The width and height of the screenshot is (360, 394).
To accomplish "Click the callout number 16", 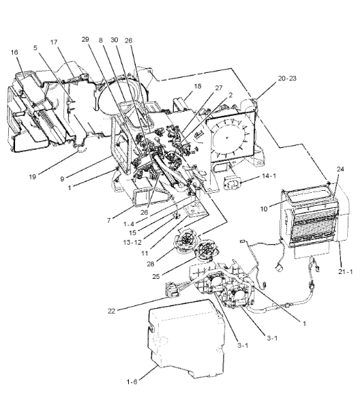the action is point(14,52).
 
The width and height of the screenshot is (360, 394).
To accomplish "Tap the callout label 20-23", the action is point(287,78).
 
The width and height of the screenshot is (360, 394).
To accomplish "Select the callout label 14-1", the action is point(269,176).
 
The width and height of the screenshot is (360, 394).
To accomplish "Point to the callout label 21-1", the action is point(346,271).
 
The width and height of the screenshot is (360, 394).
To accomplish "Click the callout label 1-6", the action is point(132,382).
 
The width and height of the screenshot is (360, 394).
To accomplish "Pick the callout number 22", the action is point(111,311).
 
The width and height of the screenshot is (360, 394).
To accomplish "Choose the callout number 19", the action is point(33,177).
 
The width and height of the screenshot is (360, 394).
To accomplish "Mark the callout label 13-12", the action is point(132,243).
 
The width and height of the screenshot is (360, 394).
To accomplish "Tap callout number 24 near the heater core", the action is point(340,169).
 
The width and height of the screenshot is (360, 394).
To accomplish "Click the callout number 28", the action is point(151,264).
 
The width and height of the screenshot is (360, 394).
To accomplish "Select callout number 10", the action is point(264,209).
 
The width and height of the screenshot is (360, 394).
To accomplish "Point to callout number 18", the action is point(198,86).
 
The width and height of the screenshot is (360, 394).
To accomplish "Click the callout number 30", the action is point(115,40).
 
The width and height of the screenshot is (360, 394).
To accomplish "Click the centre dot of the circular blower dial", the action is point(227,138).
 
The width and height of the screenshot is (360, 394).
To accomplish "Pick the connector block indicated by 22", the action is point(173,290).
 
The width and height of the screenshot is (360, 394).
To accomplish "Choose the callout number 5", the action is point(35,48).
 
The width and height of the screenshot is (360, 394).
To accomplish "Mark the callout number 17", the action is point(54,42).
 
